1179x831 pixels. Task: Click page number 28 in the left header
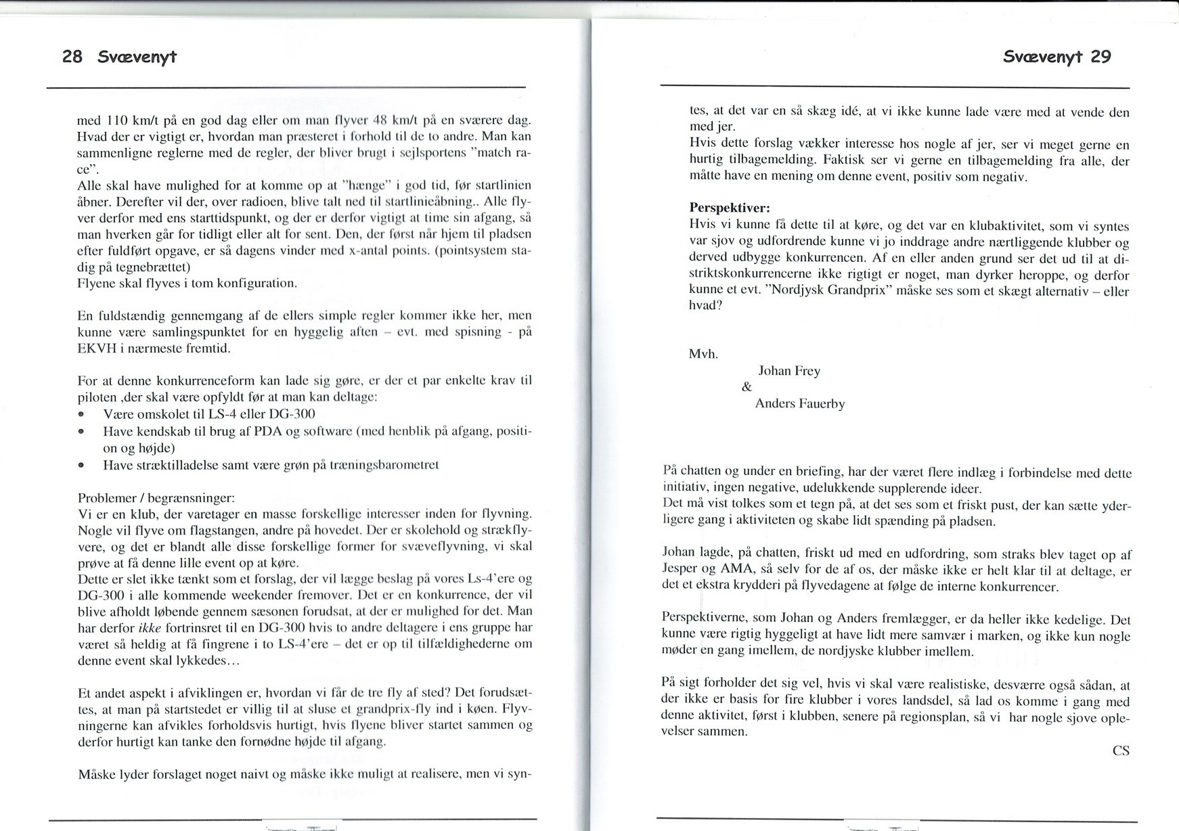pos(72,57)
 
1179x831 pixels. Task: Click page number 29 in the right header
pos(1100,57)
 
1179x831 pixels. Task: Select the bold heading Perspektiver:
pos(730,207)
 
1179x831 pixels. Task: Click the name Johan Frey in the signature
pos(789,371)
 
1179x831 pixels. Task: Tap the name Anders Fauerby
pos(800,404)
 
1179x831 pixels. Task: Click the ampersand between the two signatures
pos(747,387)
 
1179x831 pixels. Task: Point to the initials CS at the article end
pos(1121,750)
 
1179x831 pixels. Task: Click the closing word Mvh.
pos(703,354)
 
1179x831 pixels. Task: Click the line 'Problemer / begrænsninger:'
pos(156,498)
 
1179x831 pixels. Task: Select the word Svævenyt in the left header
pos(137,57)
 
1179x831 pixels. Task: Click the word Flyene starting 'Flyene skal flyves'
pos(98,283)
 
